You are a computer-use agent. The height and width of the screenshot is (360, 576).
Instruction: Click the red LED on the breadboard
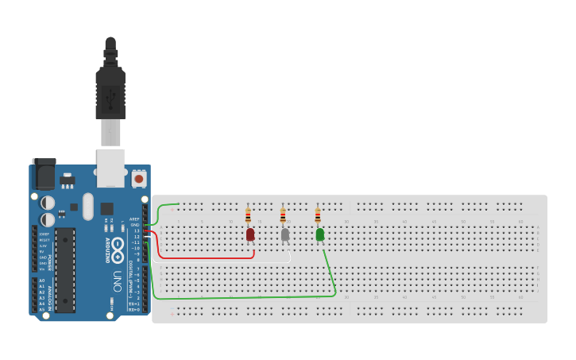(250, 234)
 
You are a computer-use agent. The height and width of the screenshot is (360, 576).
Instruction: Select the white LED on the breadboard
(285, 234)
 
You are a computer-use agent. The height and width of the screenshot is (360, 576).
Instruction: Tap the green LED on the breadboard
(320, 234)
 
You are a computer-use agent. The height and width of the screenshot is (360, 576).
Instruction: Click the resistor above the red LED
(248, 215)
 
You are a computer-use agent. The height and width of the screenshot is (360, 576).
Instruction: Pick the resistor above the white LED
(283, 215)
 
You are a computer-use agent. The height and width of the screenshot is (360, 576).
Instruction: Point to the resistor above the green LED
(318, 215)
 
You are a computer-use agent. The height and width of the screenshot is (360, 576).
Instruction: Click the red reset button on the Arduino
(140, 179)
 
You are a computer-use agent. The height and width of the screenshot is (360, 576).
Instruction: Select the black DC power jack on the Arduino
(44, 174)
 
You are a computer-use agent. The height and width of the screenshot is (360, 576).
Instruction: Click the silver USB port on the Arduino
(110, 167)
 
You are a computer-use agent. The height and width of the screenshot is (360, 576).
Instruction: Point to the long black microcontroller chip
(64, 270)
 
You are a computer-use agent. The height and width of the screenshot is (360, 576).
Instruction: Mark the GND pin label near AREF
(135, 225)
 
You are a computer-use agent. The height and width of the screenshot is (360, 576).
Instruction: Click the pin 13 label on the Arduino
(136, 231)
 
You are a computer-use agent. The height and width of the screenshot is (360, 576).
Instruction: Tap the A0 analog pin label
(41, 281)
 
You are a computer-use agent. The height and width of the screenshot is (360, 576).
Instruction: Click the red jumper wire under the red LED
(207, 257)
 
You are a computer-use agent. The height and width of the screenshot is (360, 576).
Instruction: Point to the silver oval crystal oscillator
(87, 207)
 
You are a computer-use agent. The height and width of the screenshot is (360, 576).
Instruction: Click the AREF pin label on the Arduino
(134, 219)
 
